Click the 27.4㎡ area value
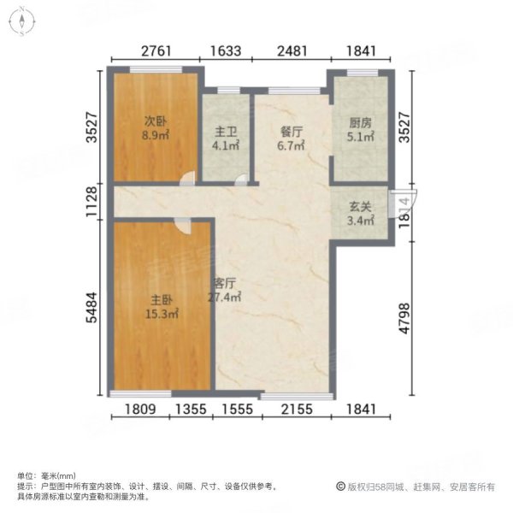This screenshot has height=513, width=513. tap(225, 298)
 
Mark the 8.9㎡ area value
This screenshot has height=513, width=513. tap(155, 135)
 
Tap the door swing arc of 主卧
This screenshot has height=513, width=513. tap(181, 224)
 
